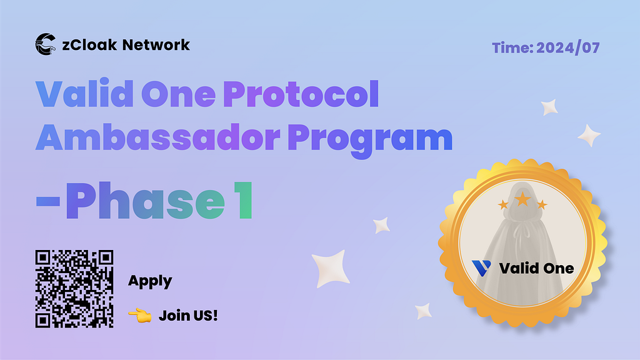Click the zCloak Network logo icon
[45, 44]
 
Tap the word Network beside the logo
[156, 45]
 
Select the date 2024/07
[567, 47]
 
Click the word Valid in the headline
[84, 94]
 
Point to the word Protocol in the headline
[301, 94]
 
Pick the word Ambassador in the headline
[158, 137]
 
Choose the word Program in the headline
[370, 140]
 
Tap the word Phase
[145, 200]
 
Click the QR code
[74, 289]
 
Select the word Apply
[150, 281]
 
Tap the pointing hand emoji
[140, 316]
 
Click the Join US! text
[188, 316]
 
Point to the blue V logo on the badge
[481, 268]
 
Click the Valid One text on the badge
[536, 269]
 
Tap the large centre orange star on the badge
[522, 199]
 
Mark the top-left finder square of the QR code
[43, 257]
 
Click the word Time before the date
[512, 47]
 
